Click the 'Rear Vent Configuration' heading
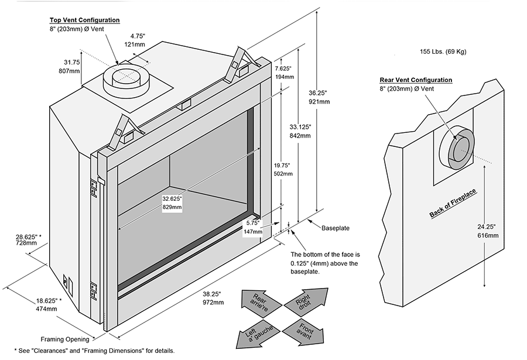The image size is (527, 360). (x=416, y=80)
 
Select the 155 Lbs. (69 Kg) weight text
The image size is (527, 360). (x=443, y=52)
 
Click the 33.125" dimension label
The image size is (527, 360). (x=300, y=127)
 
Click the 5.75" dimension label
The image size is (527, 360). (x=252, y=223)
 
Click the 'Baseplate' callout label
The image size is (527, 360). (x=335, y=227)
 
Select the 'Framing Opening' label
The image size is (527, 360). (x=64, y=339)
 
